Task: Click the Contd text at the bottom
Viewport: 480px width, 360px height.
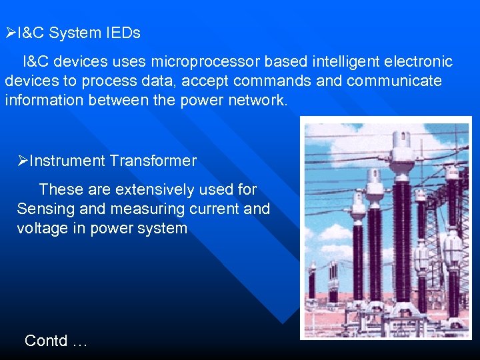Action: point(55,341)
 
